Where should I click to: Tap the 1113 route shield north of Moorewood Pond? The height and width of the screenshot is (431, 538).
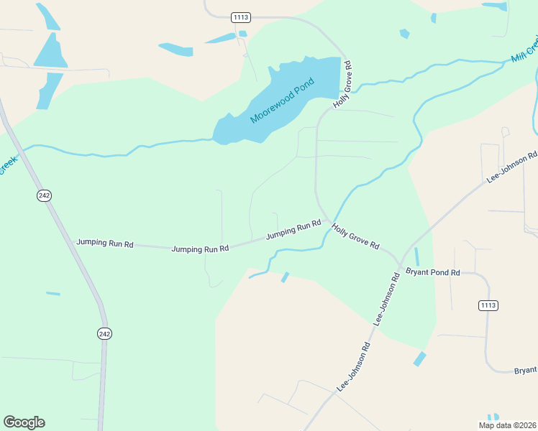240,17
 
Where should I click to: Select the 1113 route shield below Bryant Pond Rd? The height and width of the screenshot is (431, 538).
488,305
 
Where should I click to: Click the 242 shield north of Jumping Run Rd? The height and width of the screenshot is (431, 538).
45,195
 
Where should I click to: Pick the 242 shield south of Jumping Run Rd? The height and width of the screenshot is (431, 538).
105,333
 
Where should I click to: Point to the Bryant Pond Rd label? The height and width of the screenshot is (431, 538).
432,272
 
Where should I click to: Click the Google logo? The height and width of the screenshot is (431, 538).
24,422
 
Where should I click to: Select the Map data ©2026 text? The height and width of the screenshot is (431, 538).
507,425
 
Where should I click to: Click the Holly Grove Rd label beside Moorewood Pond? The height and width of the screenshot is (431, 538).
343,90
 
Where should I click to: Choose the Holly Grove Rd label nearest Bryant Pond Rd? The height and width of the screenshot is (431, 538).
355,236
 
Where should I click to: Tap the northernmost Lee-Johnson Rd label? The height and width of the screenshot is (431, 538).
511,166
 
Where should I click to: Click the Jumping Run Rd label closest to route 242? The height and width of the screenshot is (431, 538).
105,244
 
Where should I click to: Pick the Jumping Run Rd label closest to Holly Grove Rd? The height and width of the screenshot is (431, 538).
293,229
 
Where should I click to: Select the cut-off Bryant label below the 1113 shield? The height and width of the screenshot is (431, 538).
525,370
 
